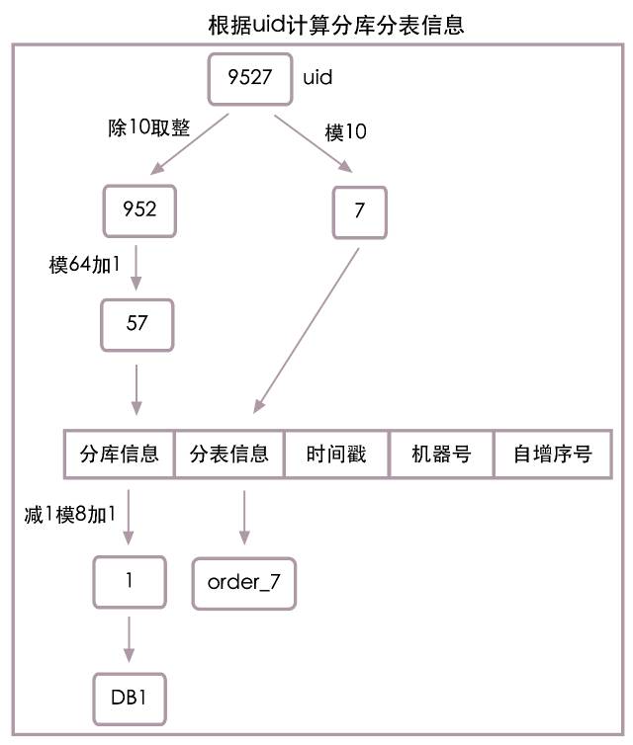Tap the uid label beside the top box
pyautogui.click(x=316, y=76)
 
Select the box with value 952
pyautogui.click(x=139, y=210)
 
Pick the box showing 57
pyautogui.click(x=137, y=323)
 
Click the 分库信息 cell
pyautogui.click(x=119, y=454)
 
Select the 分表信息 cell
pyautogui.click(x=228, y=454)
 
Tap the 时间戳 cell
pyautogui.click(x=336, y=454)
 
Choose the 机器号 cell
pyautogui.click(x=440, y=454)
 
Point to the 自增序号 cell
pyautogui.click(x=552, y=454)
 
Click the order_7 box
pyautogui.click(x=244, y=582)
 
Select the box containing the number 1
pyautogui.click(x=130, y=581)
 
